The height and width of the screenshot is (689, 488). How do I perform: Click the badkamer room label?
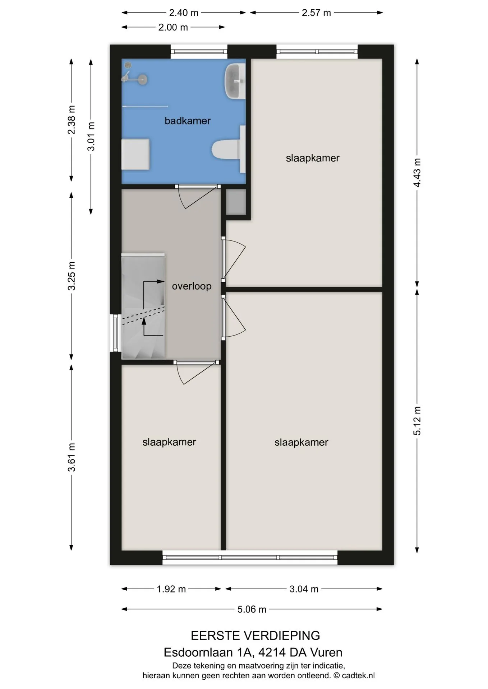point(187,121)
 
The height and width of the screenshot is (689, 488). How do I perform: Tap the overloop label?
point(192,286)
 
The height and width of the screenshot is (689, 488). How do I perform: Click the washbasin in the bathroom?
point(235,81)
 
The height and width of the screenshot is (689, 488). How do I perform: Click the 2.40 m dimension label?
point(184,13)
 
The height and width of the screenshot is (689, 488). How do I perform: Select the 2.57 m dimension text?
point(316,13)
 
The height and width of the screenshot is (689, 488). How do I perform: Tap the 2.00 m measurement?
point(173,27)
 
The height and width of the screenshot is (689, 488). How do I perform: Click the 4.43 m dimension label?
point(417,172)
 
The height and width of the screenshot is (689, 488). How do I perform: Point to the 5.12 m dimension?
point(417,421)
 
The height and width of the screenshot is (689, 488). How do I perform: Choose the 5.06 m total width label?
point(252,609)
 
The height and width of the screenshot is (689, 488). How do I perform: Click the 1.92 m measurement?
point(171,589)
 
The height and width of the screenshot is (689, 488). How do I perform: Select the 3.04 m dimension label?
point(304,589)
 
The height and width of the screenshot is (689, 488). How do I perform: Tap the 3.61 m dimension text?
point(72,457)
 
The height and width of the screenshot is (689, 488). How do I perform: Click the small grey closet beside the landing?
point(236,202)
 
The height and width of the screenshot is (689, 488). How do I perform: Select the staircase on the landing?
point(143,306)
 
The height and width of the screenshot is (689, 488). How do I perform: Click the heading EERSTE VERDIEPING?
point(255,636)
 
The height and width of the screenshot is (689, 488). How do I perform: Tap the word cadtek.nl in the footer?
point(358,675)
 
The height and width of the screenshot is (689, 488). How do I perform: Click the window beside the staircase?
point(115,333)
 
